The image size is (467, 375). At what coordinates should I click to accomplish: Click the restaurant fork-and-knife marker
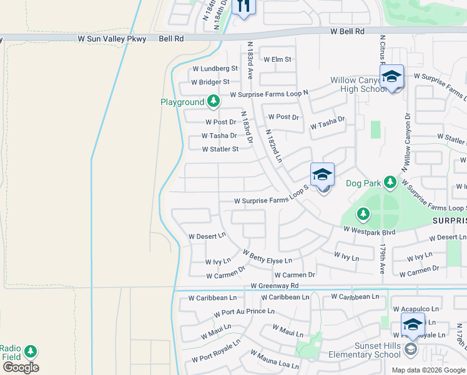243,6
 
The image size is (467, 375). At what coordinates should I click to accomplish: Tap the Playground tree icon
214,101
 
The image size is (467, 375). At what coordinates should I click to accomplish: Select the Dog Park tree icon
390,182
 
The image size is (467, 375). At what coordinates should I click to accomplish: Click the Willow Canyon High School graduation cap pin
391,77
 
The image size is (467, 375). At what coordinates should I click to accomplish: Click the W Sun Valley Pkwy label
112,39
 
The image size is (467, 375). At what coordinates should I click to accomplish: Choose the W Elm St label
277,59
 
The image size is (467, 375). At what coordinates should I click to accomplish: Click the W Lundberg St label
215,68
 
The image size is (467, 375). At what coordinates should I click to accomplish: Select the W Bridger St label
210,82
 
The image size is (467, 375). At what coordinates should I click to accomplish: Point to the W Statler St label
220,149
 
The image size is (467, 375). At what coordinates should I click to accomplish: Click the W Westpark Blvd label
369,231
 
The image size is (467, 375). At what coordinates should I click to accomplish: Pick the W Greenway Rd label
275,286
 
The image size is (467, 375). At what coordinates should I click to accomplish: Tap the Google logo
21,367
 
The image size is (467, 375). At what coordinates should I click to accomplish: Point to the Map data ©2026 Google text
428,370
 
